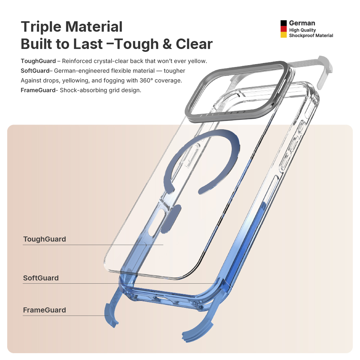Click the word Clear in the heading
click(194, 44)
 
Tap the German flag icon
click(284, 29)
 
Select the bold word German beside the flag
click(302, 23)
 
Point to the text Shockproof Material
click(311, 36)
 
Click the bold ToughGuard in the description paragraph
click(38, 61)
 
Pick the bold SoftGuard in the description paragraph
click(35, 71)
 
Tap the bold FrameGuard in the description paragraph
click(38, 90)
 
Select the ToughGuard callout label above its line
click(44, 239)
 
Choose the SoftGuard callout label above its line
click(41, 278)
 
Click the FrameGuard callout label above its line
click(44, 310)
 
